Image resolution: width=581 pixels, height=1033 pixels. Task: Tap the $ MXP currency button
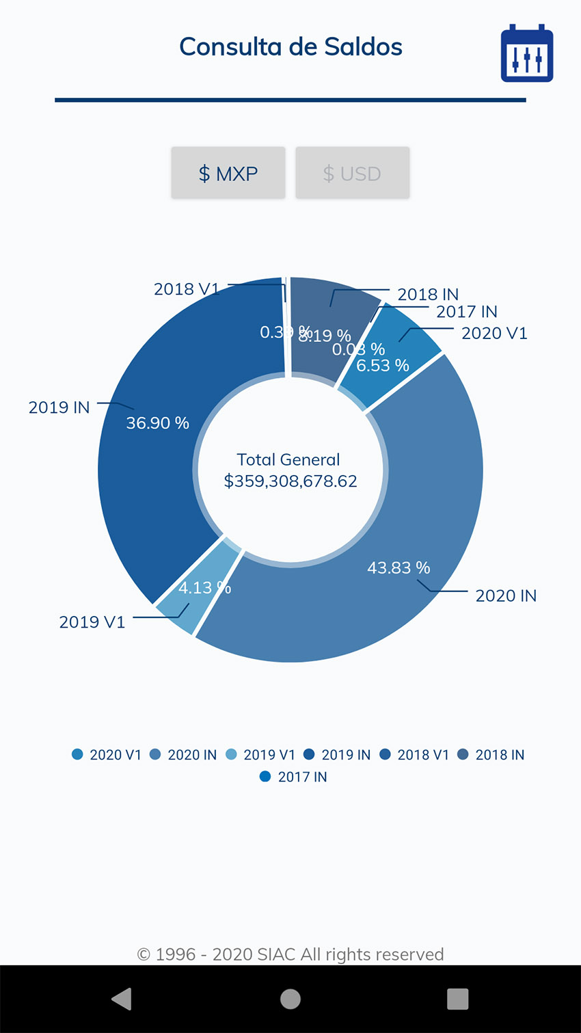[228, 174]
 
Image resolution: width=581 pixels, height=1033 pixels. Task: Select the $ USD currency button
[352, 174]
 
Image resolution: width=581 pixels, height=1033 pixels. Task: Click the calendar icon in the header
[526, 54]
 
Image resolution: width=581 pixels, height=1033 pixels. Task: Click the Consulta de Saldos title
[290, 46]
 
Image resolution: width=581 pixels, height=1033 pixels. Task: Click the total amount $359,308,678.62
[290, 481]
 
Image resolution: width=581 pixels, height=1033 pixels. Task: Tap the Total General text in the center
[288, 459]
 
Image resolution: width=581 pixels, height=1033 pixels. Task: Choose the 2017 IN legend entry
[294, 777]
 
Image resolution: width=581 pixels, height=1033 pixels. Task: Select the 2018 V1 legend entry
[415, 755]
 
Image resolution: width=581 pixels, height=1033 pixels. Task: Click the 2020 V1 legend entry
[107, 755]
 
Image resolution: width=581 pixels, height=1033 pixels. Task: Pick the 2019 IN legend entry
[338, 755]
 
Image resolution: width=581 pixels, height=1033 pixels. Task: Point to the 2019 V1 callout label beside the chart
[92, 622]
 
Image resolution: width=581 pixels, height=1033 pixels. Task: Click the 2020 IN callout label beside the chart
[506, 595]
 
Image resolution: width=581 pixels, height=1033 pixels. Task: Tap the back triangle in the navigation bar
[122, 999]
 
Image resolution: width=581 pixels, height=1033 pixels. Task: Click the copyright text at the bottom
[290, 954]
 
